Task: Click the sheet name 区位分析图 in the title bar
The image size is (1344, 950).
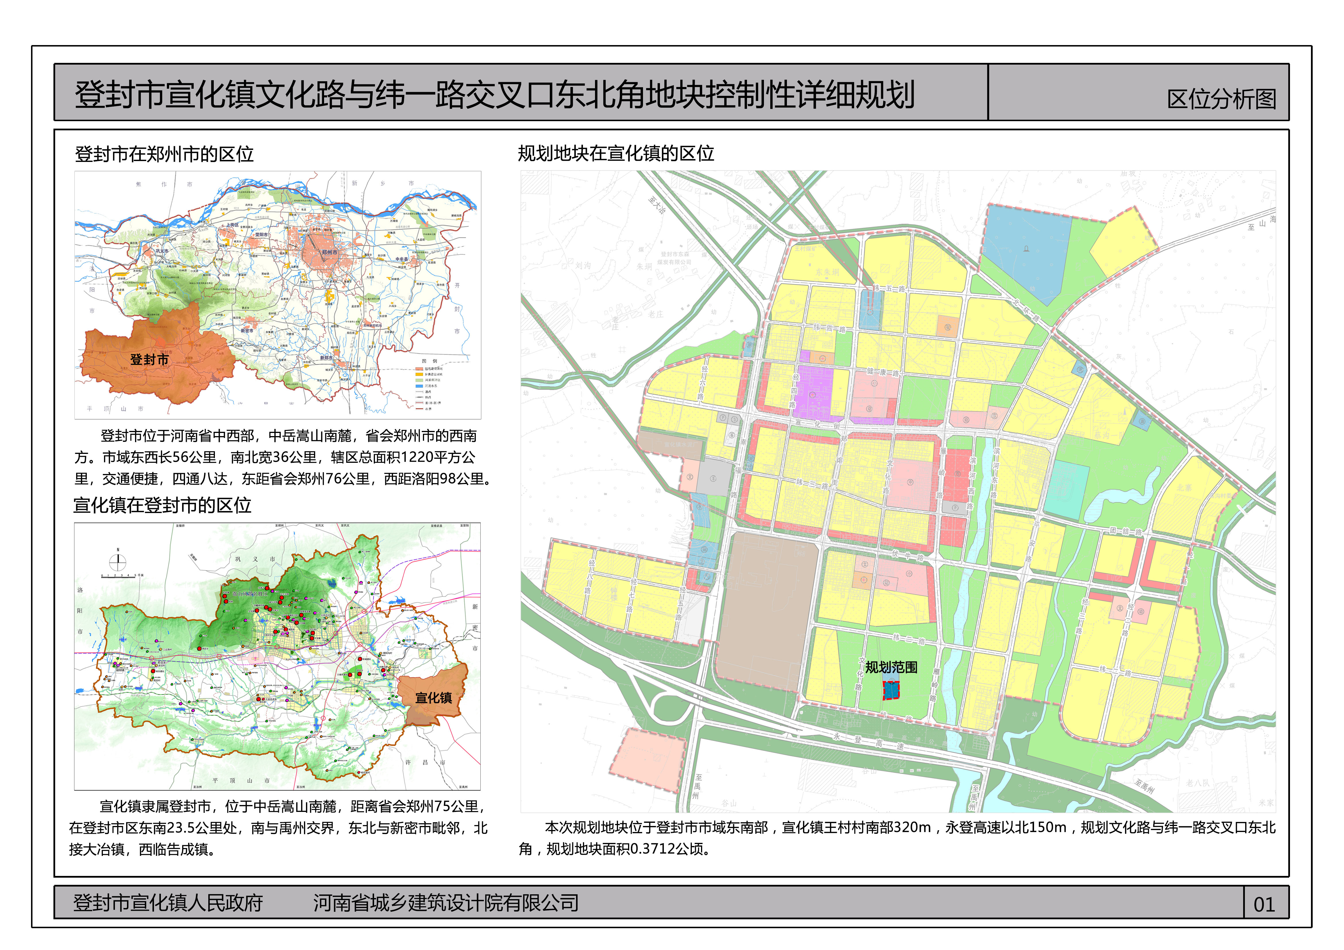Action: (x=1222, y=99)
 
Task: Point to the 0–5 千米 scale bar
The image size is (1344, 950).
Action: (x=122, y=576)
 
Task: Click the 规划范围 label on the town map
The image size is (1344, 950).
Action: (x=891, y=667)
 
